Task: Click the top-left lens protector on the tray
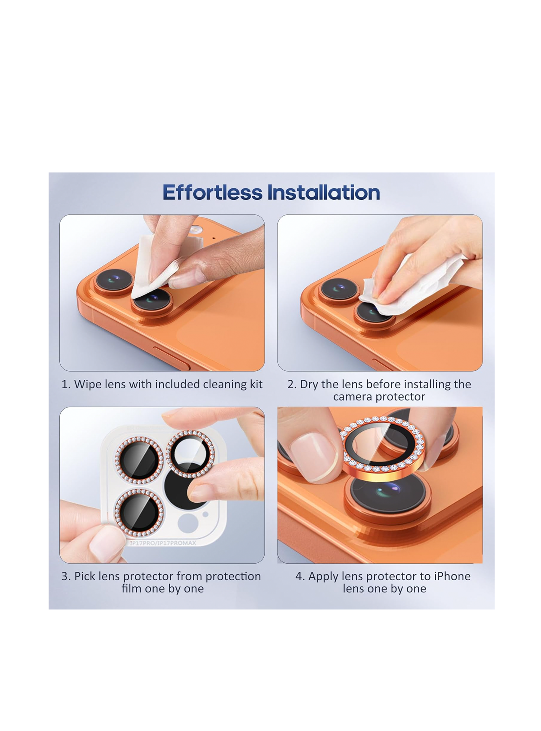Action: click(139, 460)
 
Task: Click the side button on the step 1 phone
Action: click(171, 359)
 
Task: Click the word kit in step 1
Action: click(256, 384)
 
